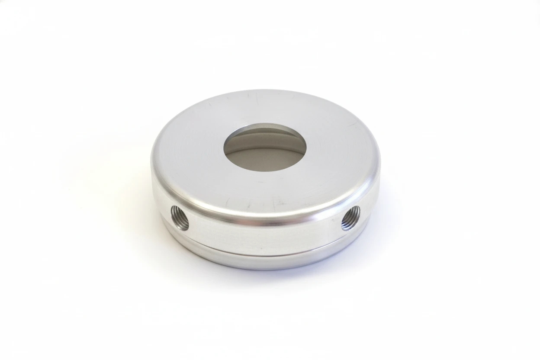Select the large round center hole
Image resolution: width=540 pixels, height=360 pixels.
pos(265,149)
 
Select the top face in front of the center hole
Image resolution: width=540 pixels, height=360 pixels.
pos(264,190)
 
